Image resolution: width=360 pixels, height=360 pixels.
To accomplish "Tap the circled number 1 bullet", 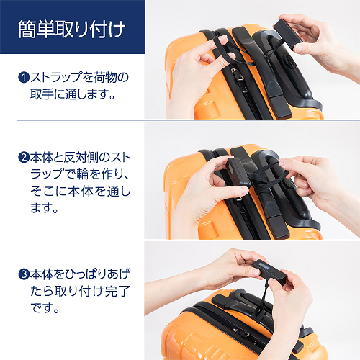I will click(x=23, y=76).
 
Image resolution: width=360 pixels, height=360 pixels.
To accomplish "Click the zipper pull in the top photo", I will click(x=235, y=93).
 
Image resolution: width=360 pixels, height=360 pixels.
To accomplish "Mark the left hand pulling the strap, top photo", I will click(x=194, y=72).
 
